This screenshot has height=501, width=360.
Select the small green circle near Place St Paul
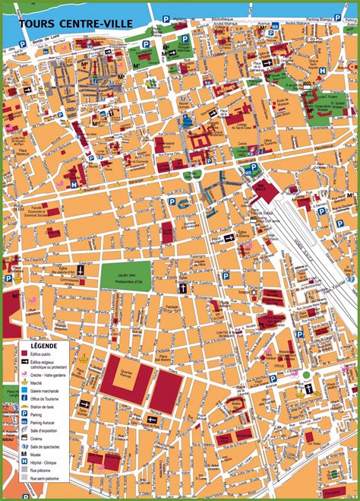(306, 375)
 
